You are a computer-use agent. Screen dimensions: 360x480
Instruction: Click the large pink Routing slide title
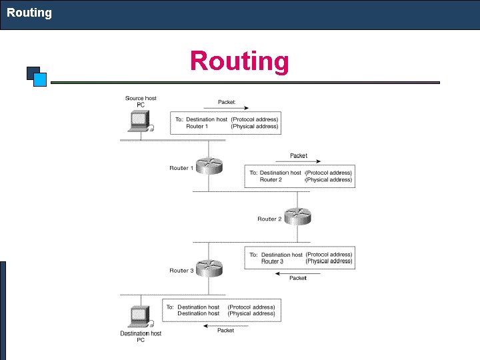(239, 61)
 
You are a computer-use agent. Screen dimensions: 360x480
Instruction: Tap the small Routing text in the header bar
(29, 13)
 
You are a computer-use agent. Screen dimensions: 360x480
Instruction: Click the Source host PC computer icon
(139, 121)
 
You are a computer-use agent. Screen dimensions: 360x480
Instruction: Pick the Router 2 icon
(297, 216)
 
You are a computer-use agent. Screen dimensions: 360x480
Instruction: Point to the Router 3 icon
(209, 267)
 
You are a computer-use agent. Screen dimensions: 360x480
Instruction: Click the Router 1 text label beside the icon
(181, 168)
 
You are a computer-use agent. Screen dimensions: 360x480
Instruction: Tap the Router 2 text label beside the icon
(269, 219)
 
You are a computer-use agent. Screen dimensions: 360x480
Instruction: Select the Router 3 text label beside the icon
(181, 271)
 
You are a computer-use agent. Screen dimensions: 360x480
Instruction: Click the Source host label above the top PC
(141, 98)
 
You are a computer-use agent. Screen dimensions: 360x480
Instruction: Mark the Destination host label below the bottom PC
(141, 333)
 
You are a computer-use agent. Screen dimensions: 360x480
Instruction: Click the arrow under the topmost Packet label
(233, 107)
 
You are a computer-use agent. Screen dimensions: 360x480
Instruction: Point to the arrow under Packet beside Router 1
(307, 161)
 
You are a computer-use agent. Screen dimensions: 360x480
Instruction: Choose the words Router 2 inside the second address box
(271, 179)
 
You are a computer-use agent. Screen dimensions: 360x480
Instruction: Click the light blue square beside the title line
(40, 80)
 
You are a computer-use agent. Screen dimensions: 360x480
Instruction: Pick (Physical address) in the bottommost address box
(251, 313)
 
